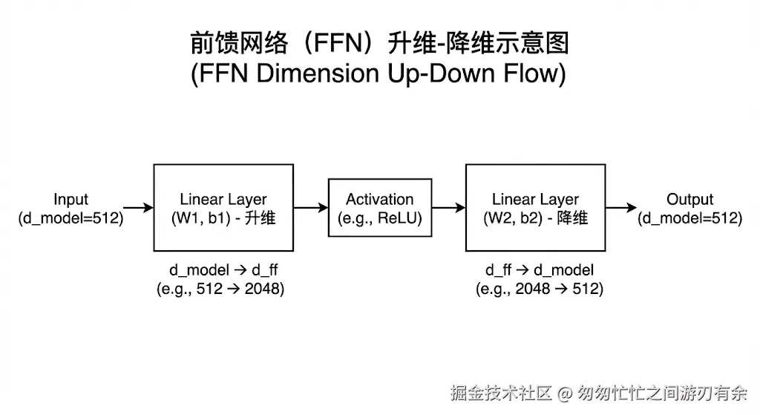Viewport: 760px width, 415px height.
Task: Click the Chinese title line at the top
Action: point(379,44)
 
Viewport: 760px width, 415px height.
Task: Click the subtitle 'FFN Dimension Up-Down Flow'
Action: point(379,74)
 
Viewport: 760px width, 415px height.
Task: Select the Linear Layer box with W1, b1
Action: point(223,208)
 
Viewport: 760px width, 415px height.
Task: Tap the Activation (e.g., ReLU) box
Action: point(379,208)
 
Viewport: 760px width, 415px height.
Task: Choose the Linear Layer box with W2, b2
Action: point(535,208)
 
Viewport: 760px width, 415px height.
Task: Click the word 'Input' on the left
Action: point(71,200)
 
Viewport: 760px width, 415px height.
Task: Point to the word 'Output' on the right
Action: point(689,200)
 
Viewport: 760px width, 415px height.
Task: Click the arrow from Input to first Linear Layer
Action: point(137,209)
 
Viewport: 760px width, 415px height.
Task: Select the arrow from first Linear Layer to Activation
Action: point(310,209)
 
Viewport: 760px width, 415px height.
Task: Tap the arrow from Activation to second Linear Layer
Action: point(448,209)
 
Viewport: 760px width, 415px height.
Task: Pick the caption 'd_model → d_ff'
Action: point(220,270)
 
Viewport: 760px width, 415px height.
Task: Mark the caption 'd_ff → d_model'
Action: point(540,270)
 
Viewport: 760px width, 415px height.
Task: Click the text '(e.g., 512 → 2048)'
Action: point(220,289)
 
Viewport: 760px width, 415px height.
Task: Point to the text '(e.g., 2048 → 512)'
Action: point(540,289)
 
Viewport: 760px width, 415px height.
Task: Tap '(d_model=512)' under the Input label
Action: point(71,218)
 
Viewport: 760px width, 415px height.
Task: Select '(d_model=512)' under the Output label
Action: point(689,218)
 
